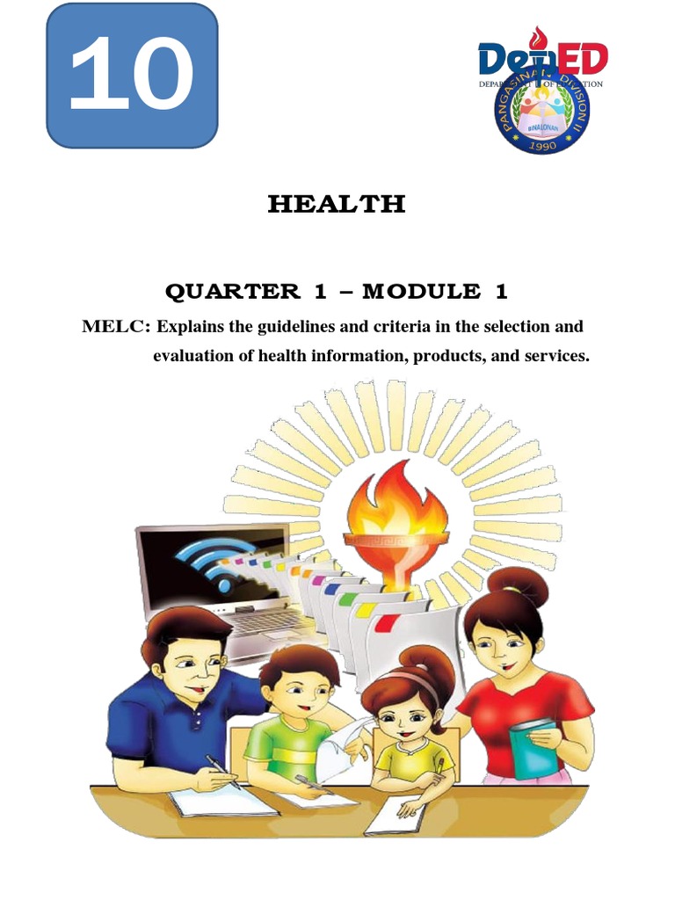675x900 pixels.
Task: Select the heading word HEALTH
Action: [337, 205]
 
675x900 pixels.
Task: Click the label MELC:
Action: [117, 327]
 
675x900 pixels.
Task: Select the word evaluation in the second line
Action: [194, 357]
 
